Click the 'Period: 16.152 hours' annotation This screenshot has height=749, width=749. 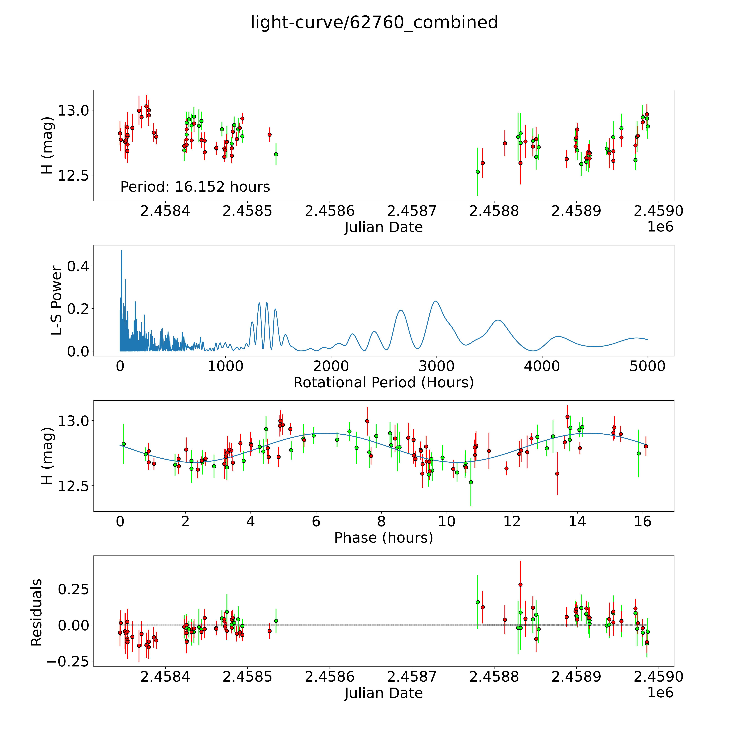click(195, 187)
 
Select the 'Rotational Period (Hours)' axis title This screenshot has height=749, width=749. click(383, 383)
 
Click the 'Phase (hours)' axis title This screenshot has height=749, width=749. click(383, 538)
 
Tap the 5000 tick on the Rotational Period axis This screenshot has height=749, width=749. click(647, 366)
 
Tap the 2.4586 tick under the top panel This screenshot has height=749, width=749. click(330, 211)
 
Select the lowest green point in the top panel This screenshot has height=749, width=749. click(478, 172)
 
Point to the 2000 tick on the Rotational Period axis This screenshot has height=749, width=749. click(331, 366)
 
